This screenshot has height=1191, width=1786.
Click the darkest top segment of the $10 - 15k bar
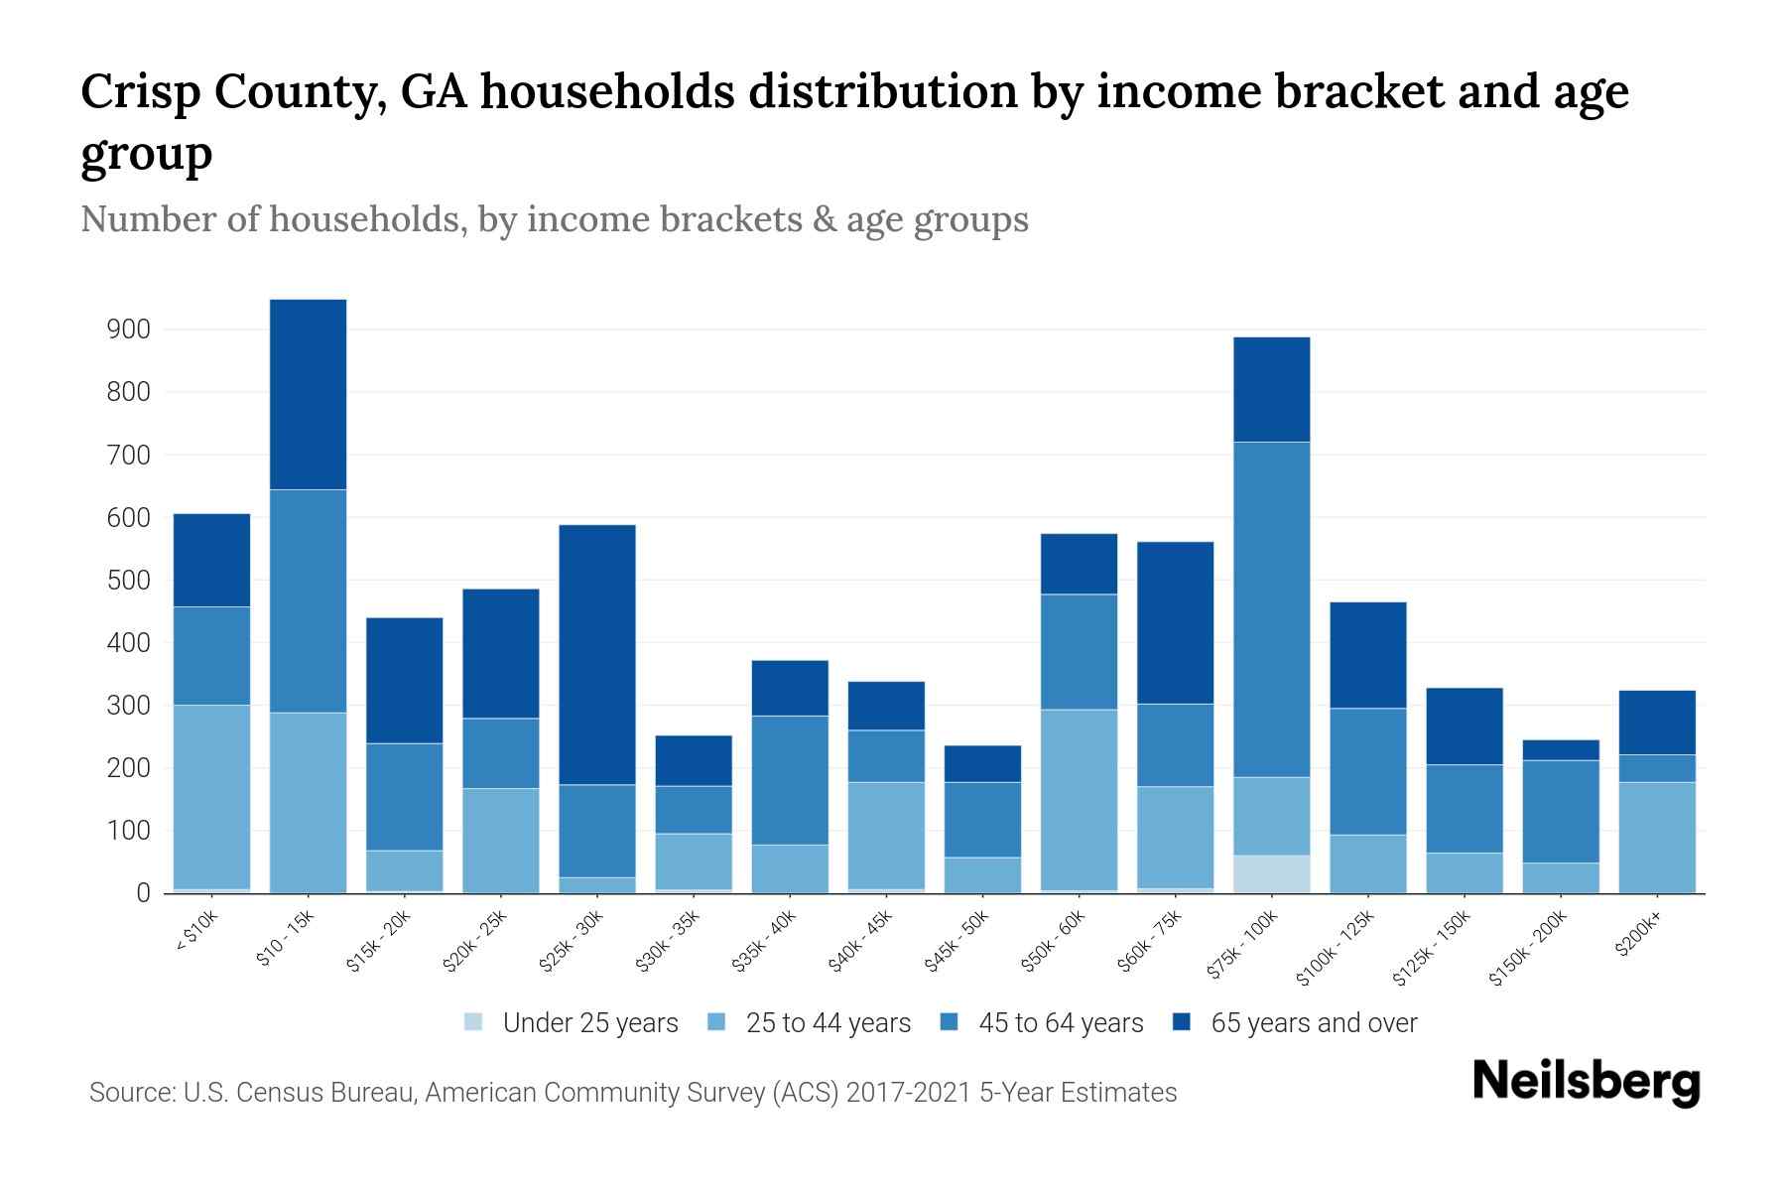coord(308,394)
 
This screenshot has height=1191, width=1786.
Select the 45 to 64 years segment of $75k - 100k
coord(1271,609)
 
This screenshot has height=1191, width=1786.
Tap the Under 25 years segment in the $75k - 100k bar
coord(1271,873)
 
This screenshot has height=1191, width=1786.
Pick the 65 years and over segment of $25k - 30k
coord(597,654)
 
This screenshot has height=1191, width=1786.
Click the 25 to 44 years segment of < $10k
coord(211,796)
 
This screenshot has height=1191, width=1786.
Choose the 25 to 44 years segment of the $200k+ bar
coord(1656,837)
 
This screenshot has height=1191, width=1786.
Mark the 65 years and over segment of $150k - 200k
coord(1560,749)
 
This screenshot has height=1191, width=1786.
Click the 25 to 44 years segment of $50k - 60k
coord(1079,799)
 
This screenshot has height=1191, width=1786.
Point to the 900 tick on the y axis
coord(128,330)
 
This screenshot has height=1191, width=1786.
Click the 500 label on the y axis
coord(128,581)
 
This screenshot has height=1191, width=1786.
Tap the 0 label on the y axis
coord(143,893)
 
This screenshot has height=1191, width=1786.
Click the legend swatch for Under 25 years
coord(474,1022)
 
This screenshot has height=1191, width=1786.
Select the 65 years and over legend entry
coord(1313,1023)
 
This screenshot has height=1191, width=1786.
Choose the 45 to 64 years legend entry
coord(1060,1023)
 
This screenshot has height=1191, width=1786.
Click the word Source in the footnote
coord(131,1093)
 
